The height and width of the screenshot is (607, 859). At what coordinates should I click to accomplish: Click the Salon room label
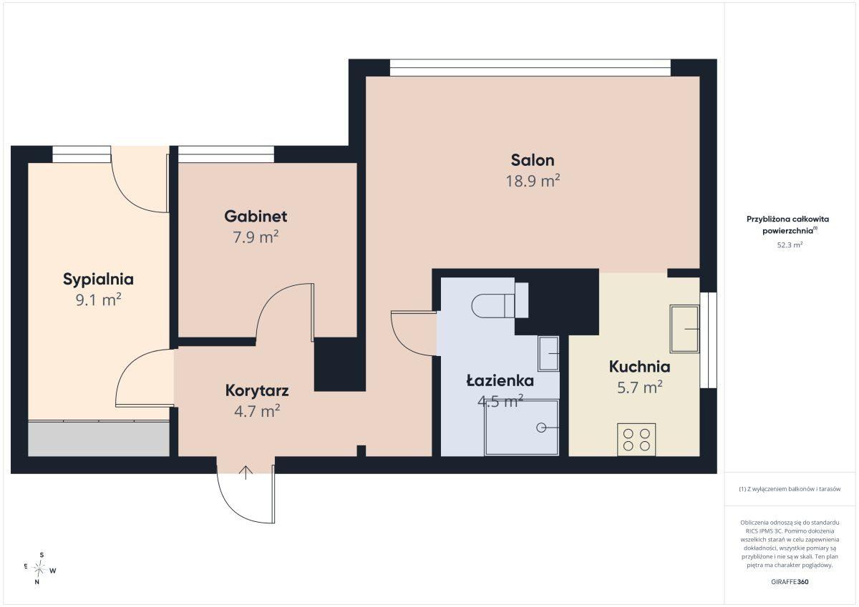pos(533,160)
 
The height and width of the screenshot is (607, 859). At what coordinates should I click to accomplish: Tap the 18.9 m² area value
pos(533,181)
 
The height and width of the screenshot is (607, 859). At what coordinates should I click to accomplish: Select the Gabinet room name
pos(256,217)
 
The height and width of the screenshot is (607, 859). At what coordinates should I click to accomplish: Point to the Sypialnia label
pos(99,280)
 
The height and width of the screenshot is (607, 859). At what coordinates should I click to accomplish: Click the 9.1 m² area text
pos(99,300)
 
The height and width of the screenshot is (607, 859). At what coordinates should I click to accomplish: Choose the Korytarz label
pos(257,391)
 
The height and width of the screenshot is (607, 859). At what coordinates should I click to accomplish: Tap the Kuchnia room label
pos(640,367)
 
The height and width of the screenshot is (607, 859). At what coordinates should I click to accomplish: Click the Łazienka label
pos(500,380)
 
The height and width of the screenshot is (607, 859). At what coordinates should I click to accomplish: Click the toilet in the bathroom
pos(500,300)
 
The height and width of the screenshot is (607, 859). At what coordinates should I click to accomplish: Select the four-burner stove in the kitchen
pos(636,440)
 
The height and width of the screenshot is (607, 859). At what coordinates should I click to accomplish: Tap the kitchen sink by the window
pos(684,329)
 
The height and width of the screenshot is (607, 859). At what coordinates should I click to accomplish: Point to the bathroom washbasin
pos(548,354)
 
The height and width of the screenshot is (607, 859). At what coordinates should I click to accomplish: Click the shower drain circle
pos(541,428)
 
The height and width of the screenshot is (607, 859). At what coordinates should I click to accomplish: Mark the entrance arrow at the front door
pos(246,473)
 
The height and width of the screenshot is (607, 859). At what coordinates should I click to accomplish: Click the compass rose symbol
pos(39,568)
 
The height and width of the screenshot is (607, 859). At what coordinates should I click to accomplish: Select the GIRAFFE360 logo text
pos(790,582)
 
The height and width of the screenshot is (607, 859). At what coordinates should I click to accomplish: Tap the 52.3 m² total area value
pos(790,245)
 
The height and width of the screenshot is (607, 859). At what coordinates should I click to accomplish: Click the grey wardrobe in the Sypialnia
pos(99,438)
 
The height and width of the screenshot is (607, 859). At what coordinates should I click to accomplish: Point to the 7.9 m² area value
pos(256,237)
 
